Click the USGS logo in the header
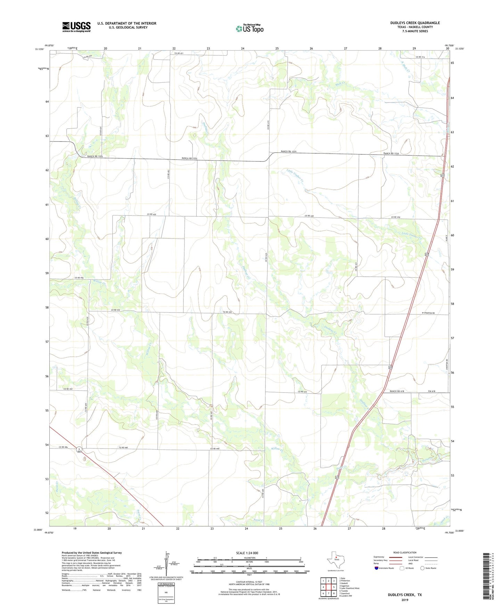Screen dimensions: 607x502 tap(76, 27)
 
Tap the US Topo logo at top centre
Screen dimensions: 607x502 tap(249, 28)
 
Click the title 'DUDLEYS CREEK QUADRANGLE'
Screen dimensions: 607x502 tap(415, 23)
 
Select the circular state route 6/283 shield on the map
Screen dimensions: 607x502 tap(79, 450)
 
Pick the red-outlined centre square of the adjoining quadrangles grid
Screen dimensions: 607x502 tap(329, 587)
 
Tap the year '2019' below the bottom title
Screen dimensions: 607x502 tap(405, 600)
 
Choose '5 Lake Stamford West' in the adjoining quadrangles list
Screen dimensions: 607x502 tap(349, 588)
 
